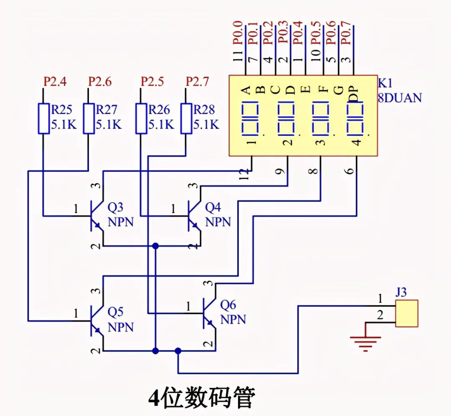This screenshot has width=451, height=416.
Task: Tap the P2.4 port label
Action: pos(55,81)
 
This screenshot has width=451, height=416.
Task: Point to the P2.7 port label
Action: pos(197,81)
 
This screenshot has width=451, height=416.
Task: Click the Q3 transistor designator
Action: pos(116,208)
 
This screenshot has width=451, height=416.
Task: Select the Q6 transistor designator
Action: pos(228,305)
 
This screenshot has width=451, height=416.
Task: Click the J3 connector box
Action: pos(407,313)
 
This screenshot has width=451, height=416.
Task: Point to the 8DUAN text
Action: pos(400,98)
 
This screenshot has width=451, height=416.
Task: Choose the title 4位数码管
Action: pos(202,398)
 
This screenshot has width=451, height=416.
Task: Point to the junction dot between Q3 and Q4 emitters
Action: pos(156,246)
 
